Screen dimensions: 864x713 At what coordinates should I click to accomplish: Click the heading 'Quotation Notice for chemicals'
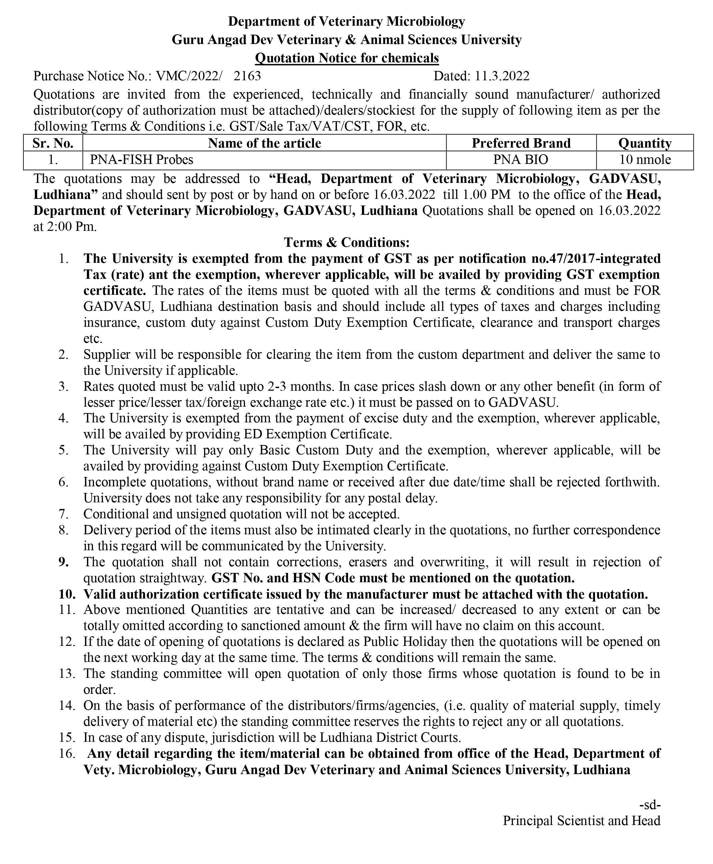347,58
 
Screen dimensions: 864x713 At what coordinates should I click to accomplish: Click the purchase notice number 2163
247,76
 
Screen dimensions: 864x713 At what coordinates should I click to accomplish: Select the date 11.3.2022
502,76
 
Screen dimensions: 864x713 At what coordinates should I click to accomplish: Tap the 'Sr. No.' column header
53,143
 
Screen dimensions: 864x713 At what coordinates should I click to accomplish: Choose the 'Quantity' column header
644,143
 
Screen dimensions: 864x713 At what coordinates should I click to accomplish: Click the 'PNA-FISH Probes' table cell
141,159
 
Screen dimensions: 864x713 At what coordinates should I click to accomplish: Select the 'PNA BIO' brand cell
520,159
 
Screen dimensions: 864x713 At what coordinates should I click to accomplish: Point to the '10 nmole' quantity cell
644,159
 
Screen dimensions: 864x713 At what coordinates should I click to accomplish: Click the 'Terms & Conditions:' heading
347,242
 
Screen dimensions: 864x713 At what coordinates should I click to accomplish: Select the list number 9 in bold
64,562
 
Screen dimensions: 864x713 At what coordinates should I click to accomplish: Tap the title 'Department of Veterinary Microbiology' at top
347,21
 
